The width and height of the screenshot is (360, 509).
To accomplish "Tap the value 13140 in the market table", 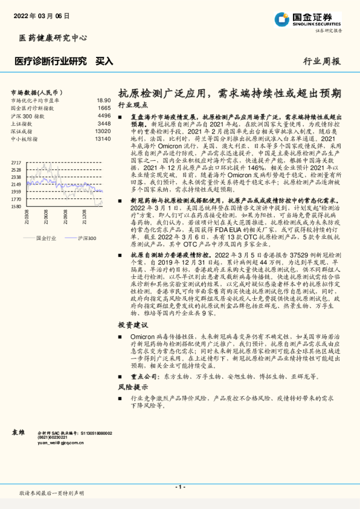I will tap(103, 139).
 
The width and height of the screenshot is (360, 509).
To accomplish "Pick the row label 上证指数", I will tap(23, 123).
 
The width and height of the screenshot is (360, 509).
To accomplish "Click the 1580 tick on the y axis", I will tap(16, 206).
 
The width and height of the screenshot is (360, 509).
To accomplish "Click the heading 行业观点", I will tap(132, 105).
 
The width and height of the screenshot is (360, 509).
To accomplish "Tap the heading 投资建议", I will tap(132, 325).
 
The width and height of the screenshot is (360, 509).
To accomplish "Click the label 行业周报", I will tap(321, 61).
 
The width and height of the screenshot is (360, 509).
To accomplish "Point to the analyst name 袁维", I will tap(19, 433).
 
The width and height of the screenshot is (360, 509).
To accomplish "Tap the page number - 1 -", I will tap(179, 487).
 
